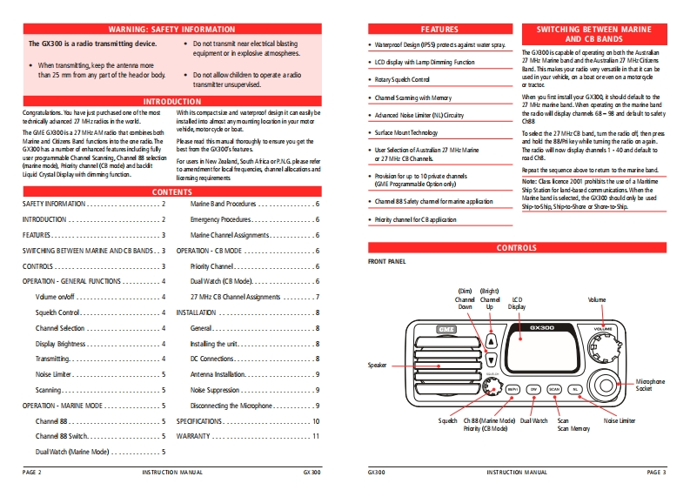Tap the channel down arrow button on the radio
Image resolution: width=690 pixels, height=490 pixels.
pyautogui.click(x=492, y=359)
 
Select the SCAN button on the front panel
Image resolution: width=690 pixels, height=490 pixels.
pyautogui.click(x=554, y=389)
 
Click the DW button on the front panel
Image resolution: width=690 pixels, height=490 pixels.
pyautogui.click(x=534, y=389)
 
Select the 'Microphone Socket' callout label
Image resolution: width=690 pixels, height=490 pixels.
pyautogui.click(x=650, y=385)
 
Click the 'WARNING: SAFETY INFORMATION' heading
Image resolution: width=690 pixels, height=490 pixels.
pyautogui.click(x=172, y=30)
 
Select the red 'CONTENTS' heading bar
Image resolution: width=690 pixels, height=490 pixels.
pyautogui.click(x=172, y=191)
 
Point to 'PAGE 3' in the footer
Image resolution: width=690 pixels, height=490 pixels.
pyautogui.click(x=656, y=472)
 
